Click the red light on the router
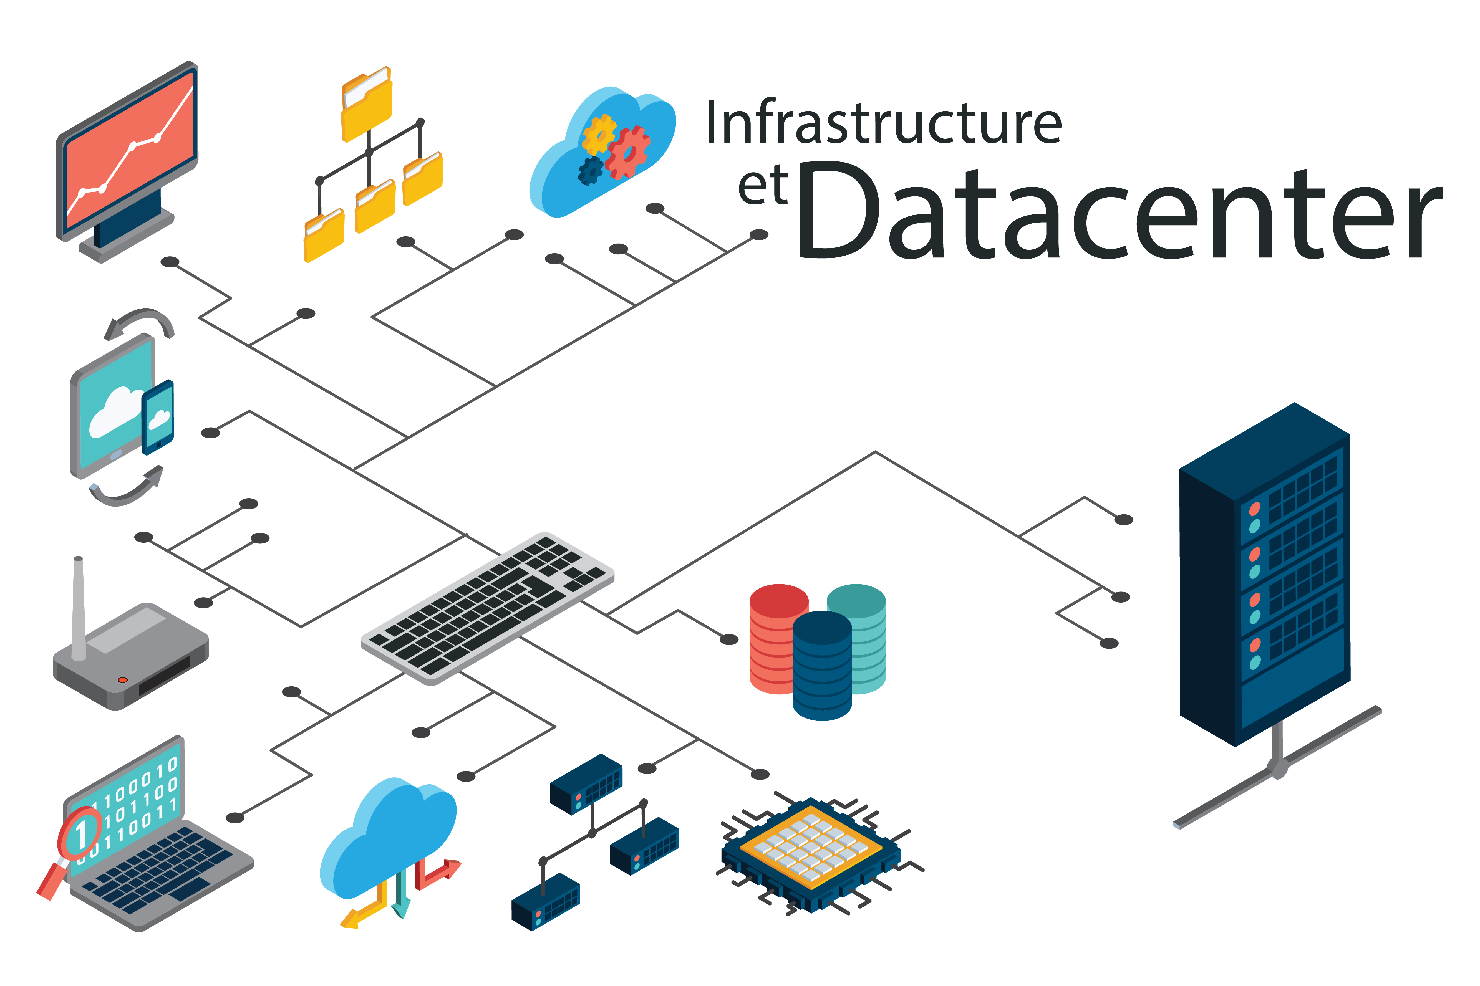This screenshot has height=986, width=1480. tap(123, 680)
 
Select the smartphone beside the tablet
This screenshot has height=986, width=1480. tap(157, 416)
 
